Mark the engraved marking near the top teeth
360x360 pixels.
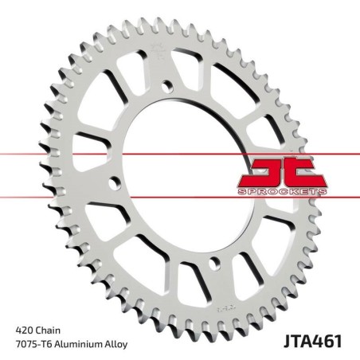[x=157, y=57]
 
